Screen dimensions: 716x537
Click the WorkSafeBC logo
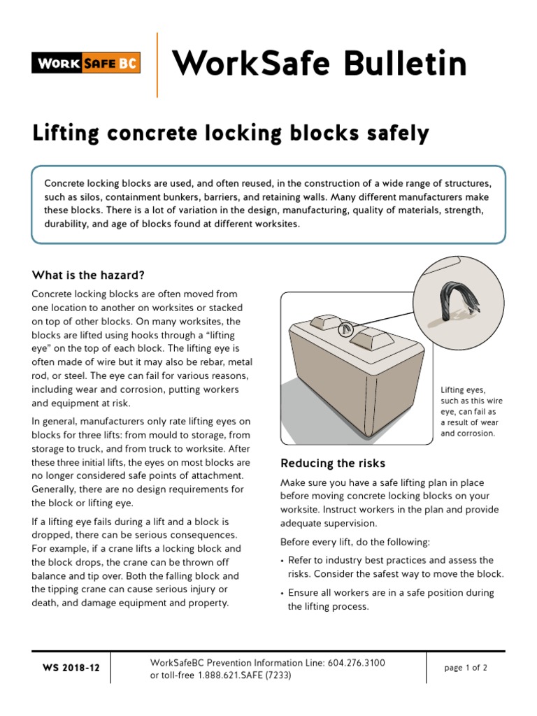click(86, 64)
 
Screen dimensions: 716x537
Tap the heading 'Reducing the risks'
click(333, 464)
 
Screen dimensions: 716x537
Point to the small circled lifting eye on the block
click(345, 330)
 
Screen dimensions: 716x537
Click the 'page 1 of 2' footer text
click(466, 668)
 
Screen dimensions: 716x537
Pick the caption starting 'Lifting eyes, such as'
click(471, 411)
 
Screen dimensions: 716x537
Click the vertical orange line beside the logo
click(157, 64)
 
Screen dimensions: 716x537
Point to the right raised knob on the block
click(370, 340)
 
